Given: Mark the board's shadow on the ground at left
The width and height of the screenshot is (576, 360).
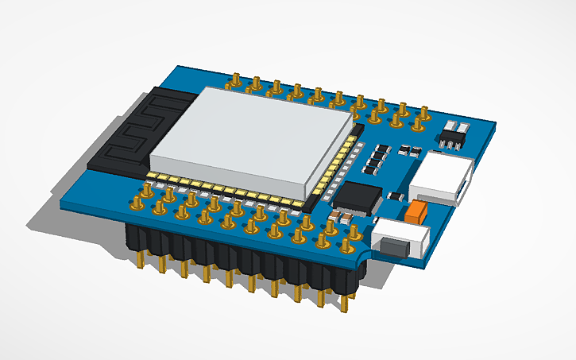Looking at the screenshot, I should tap(56, 199).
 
